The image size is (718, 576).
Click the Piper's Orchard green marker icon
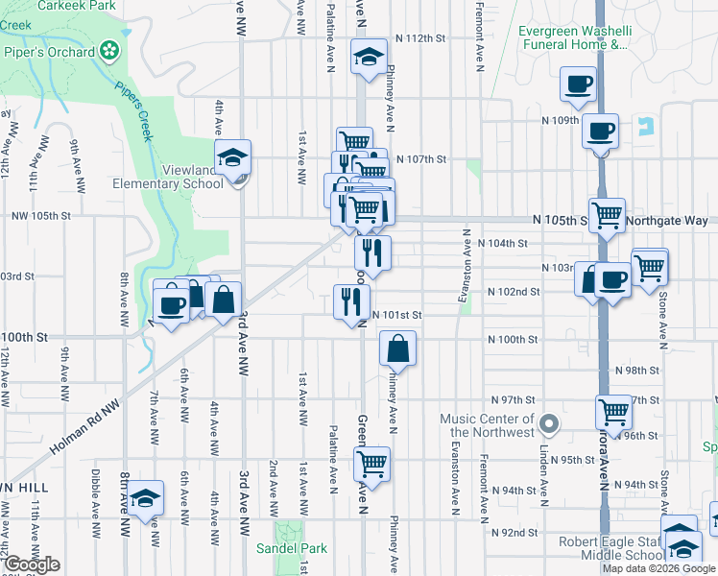111,47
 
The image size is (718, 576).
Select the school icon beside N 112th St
366,58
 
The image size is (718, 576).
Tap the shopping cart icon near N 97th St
613,412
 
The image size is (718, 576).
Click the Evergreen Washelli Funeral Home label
575,37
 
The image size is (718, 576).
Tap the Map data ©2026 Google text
657,568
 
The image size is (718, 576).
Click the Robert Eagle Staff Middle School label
612,548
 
